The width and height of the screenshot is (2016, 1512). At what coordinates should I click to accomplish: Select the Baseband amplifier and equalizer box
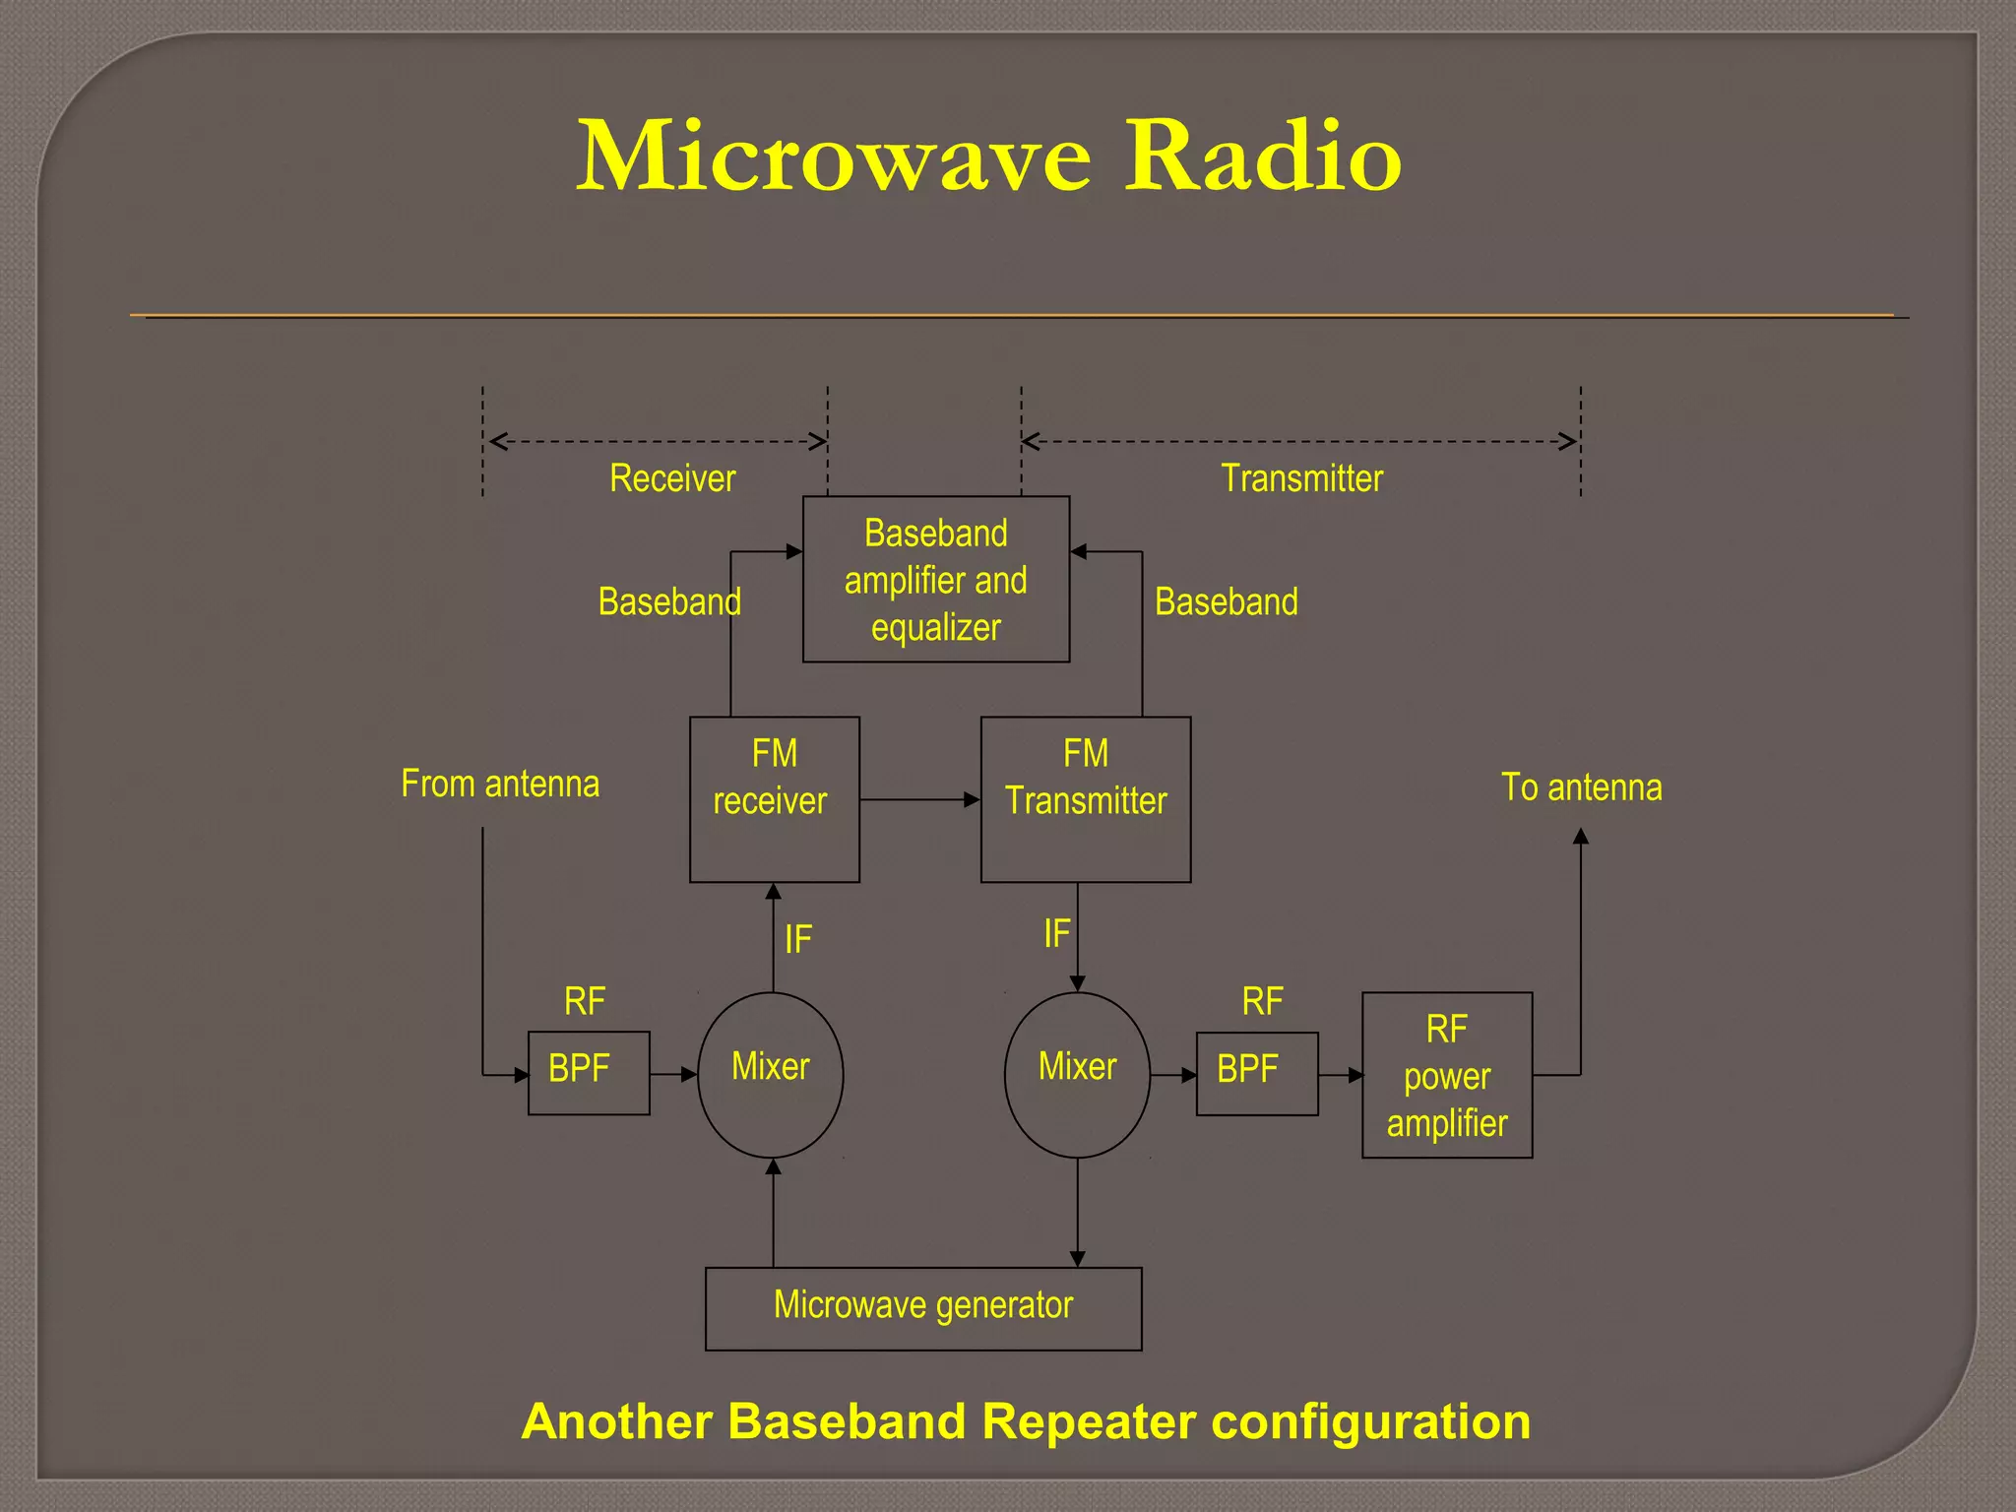tap(935, 580)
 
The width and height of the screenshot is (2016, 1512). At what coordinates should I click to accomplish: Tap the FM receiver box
tap(774, 799)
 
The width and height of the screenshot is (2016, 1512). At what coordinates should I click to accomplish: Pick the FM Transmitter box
tap(1085, 799)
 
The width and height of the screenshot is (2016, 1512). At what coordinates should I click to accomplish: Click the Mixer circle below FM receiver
tap(771, 1074)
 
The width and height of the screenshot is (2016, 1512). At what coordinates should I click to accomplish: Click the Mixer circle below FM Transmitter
tap(1077, 1074)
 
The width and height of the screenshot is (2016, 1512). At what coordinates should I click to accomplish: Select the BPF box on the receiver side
tap(588, 1073)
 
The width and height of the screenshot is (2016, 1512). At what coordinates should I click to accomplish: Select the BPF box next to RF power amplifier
tap(1256, 1074)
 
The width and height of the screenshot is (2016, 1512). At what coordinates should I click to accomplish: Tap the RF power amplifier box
tap(1446, 1075)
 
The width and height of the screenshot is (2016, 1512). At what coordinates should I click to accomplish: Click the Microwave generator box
tap(922, 1308)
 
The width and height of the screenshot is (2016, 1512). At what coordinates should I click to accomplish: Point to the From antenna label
tap(500, 785)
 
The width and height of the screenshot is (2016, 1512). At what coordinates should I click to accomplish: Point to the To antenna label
tap(1581, 787)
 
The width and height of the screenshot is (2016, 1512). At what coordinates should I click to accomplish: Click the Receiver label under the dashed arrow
tap(672, 478)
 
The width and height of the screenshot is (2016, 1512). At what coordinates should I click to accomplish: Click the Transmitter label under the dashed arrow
tap(1301, 478)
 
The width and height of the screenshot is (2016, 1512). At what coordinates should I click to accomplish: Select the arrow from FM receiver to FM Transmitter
tap(919, 799)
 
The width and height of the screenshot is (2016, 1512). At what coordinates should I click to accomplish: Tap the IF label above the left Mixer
tap(797, 939)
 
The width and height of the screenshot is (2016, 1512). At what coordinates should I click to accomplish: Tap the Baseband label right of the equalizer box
tap(1226, 601)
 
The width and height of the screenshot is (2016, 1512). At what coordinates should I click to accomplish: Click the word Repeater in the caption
tap(1088, 1421)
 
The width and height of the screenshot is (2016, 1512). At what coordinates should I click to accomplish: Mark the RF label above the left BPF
tap(585, 1002)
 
